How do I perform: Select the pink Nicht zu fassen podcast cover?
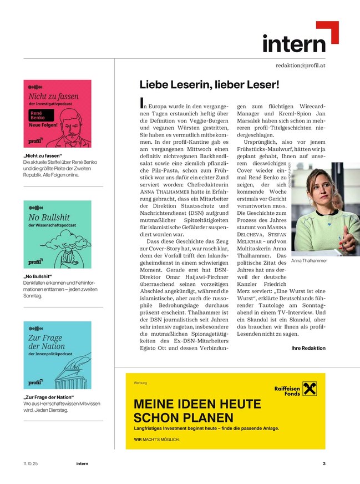click(x=57, y=114)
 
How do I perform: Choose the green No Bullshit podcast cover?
click(x=57, y=234)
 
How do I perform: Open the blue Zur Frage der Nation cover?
click(x=57, y=355)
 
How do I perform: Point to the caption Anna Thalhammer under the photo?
click(x=309, y=260)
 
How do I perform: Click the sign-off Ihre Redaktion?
click(x=308, y=348)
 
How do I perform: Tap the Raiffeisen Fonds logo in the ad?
click(x=295, y=390)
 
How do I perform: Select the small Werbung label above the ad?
click(x=140, y=383)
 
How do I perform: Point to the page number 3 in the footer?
click(x=324, y=463)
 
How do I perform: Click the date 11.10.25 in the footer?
click(x=31, y=463)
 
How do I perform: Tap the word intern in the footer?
click(x=82, y=463)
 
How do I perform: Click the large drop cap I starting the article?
click(x=143, y=102)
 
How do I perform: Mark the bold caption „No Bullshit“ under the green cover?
click(x=38, y=276)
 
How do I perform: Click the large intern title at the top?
click(x=294, y=43)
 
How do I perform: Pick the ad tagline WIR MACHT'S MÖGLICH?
click(x=156, y=440)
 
